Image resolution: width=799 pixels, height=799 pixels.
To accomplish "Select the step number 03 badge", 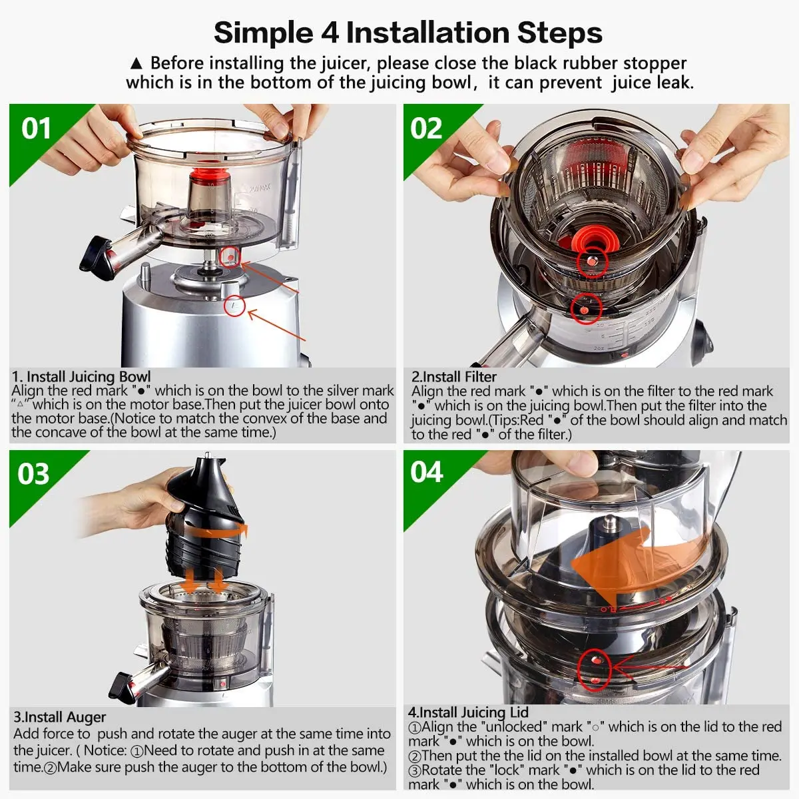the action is [33, 474].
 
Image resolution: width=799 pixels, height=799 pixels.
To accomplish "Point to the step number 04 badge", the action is [427, 472].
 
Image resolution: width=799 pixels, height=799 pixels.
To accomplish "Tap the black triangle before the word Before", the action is [136, 64].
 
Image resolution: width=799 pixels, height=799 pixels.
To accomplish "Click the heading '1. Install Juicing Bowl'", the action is [81, 376].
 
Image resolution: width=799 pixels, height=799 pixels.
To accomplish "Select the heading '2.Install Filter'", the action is [454, 376].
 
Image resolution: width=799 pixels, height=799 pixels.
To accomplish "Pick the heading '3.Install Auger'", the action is [60, 717].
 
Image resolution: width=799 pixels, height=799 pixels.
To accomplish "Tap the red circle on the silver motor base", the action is [234, 306].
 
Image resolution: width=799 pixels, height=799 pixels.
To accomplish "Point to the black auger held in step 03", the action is [204, 518].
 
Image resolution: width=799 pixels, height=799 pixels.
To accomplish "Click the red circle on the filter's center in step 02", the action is [593, 262].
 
